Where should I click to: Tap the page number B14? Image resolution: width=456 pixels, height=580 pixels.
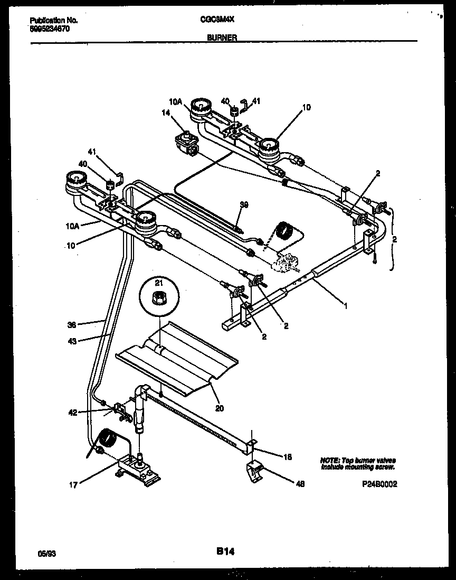pos(225,551)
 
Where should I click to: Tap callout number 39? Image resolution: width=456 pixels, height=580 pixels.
pos(243,204)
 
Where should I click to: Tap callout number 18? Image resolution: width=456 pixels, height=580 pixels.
pos(288,456)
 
